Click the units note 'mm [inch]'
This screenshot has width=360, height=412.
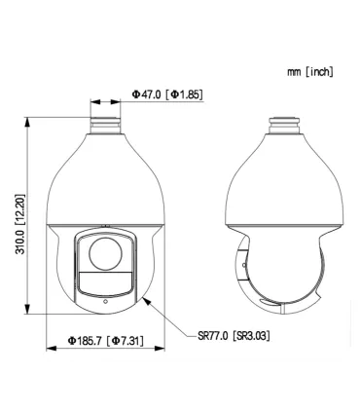pyautogui.click(x=308, y=73)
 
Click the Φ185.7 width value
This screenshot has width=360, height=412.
pyautogui.click(x=85, y=340)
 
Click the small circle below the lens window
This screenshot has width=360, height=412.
pyautogui.click(x=105, y=300)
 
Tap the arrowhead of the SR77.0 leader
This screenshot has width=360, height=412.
pyautogui.click(x=145, y=297)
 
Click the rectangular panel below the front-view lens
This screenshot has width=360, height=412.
pyautogui.click(x=105, y=283)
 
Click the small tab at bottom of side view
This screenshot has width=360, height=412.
pyautogui.click(x=281, y=313)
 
